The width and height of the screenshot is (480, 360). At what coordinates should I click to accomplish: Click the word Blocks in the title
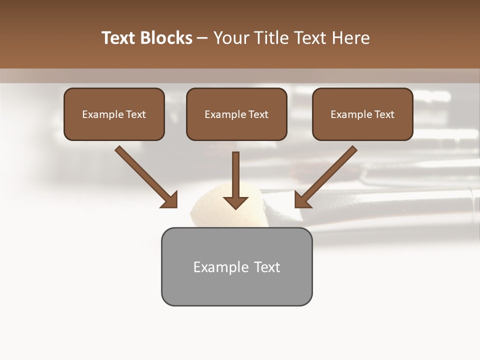[x=166, y=38]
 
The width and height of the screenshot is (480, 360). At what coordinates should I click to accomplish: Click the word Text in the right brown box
[x=384, y=114]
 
